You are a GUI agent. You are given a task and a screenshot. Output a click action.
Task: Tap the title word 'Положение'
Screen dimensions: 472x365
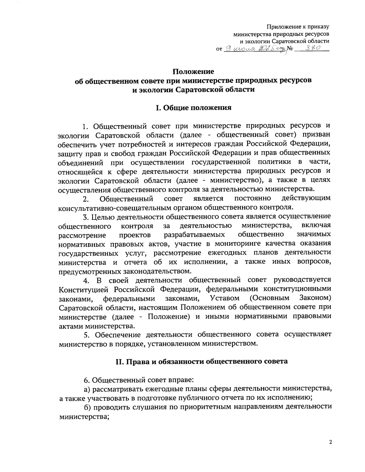(193, 72)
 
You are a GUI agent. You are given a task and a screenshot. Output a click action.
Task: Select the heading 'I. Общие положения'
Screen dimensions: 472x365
(193, 108)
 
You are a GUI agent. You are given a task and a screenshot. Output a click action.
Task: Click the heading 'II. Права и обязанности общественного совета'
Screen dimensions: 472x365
(201, 362)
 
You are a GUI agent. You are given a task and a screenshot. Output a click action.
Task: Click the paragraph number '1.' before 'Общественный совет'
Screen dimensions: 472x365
(86, 126)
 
